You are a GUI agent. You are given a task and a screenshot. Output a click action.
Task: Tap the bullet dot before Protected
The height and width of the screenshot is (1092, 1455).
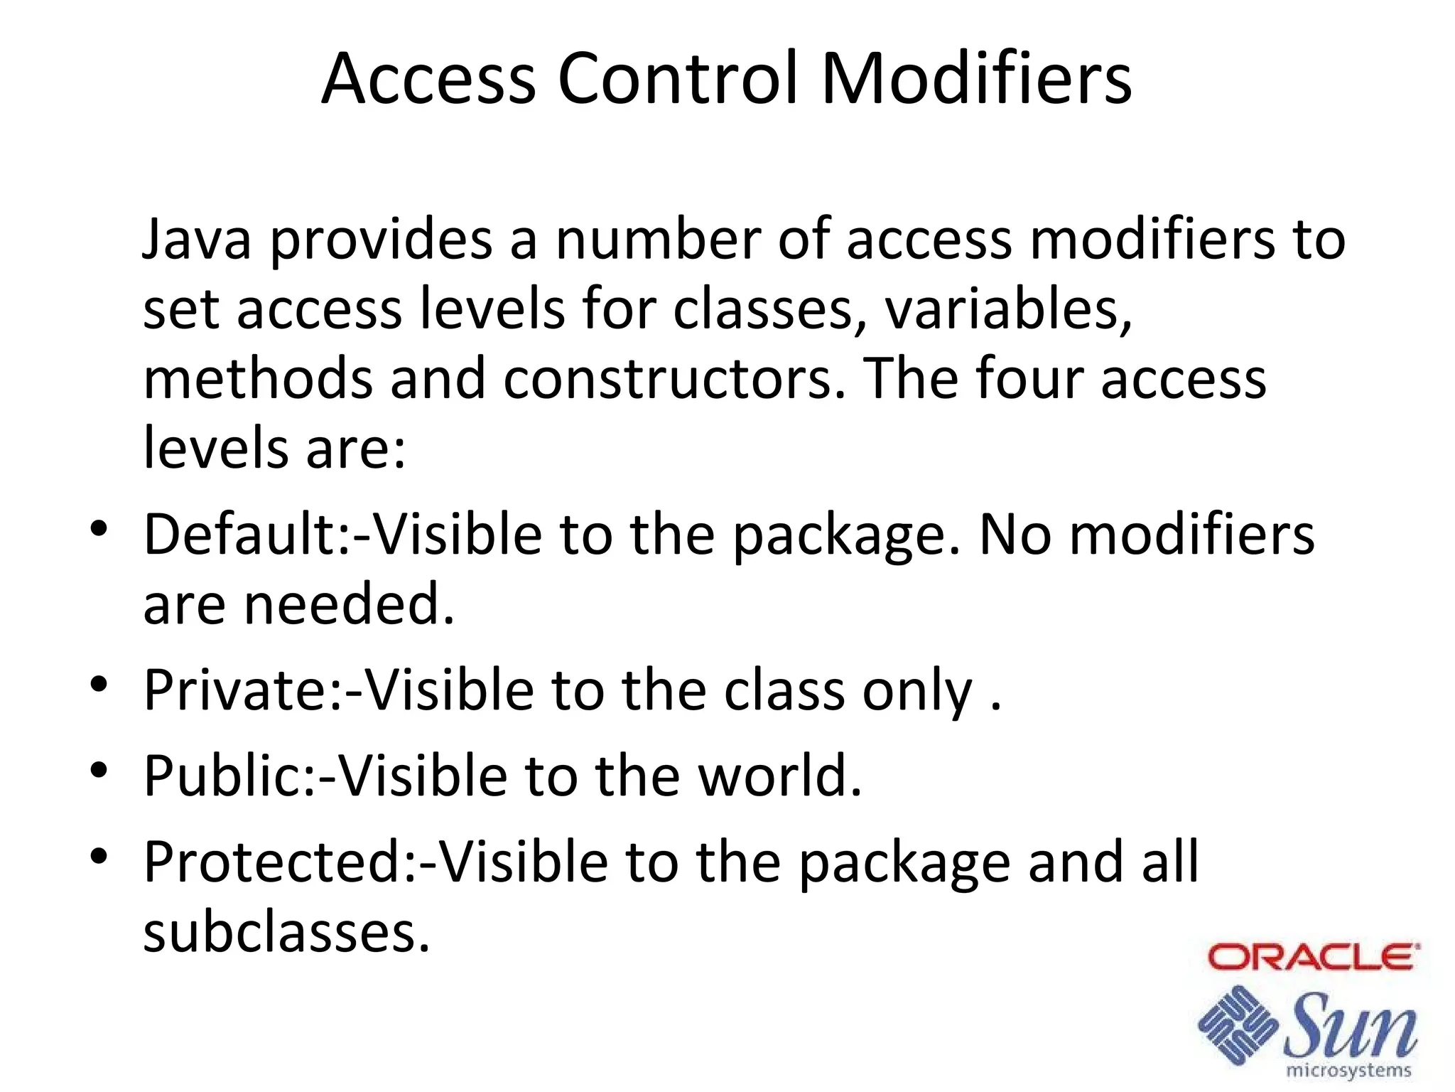(x=99, y=855)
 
